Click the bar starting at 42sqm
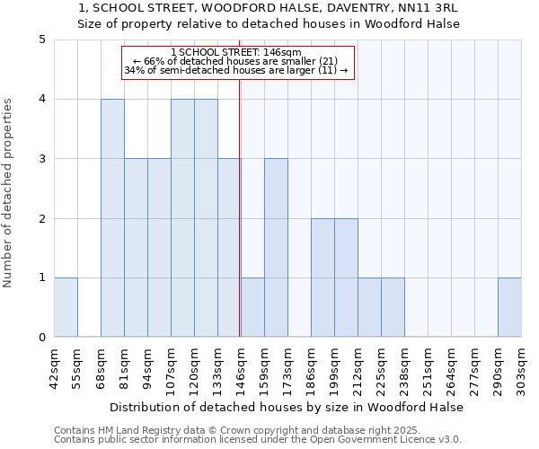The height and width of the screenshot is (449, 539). click(x=66, y=307)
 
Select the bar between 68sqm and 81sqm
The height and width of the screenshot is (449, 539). click(x=112, y=218)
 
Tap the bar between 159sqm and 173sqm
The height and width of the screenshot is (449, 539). click(x=276, y=248)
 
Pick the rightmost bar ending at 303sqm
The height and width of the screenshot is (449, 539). click(x=509, y=307)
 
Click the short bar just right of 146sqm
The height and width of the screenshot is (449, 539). click(x=252, y=307)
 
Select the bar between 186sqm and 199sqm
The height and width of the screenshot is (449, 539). click(x=323, y=277)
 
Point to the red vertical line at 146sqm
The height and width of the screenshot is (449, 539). click(x=240, y=207)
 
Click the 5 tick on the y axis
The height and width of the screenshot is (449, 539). click(x=41, y=40)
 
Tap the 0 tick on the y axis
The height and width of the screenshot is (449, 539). click(x=41, y=338)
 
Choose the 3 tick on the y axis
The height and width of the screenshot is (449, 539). click(x=41, y=159)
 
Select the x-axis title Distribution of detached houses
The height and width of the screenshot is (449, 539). click(x=287, y=407)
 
